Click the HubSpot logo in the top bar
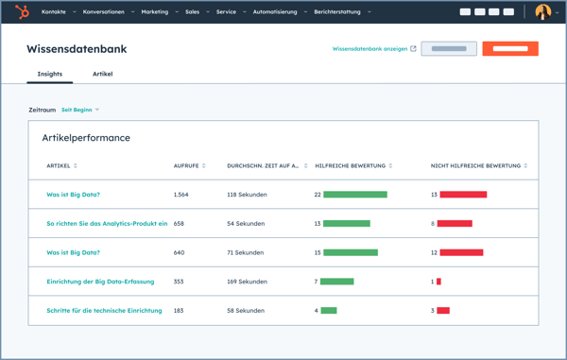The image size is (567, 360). [x=22, y=11]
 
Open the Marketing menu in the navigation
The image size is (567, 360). [x=155, y=12]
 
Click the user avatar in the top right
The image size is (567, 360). [x=542, y=12]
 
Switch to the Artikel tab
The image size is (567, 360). [x=102, y=74]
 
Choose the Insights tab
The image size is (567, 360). [x=50, y=74]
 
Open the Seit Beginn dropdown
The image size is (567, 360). [x=79, y=110]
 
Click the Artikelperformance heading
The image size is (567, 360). [x=86, y=138]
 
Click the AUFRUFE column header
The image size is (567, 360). [x=187, y=166]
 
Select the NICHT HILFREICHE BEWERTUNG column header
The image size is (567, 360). [x=477, y=166]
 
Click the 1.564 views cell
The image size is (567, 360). [x=181, y=195]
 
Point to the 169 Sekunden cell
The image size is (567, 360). [x=247, y=282]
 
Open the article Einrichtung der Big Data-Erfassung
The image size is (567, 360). [x=100, y=282]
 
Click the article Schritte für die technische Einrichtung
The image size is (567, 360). [x=104, y=310]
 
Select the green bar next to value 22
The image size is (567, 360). [x=355, y=195]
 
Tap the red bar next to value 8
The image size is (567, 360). [x=455, y=224]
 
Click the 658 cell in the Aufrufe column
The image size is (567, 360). [x=179, y=224]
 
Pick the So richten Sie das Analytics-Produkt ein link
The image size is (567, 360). [x=107, y=224]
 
